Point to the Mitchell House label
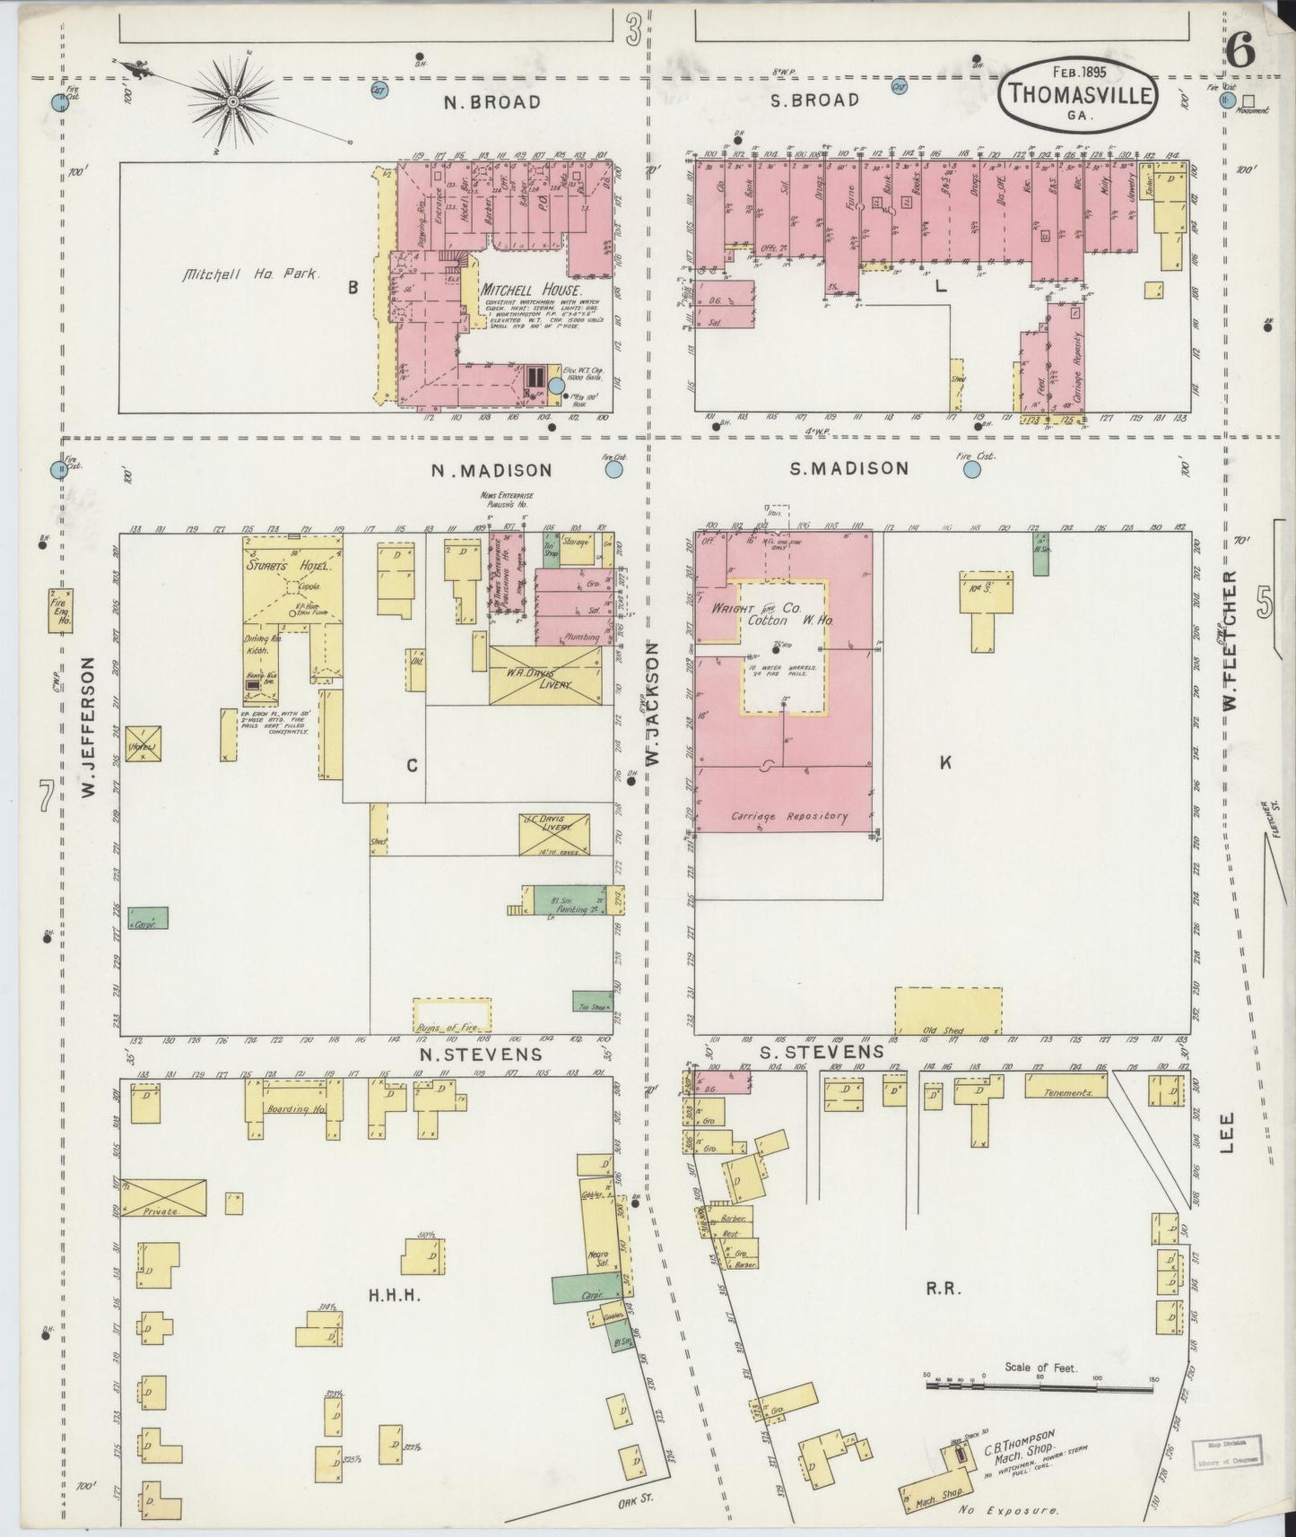(531, 291)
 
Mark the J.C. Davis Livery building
(554, 834)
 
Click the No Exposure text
(1007, 1509)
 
